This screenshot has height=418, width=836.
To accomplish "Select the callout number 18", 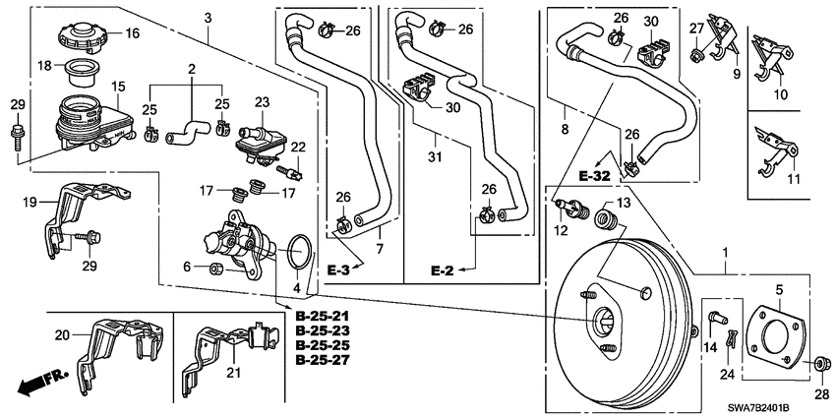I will (x=44, y=65).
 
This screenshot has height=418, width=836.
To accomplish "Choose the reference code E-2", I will (x=444, y=267).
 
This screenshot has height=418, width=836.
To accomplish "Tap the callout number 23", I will (x=261, y=101).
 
